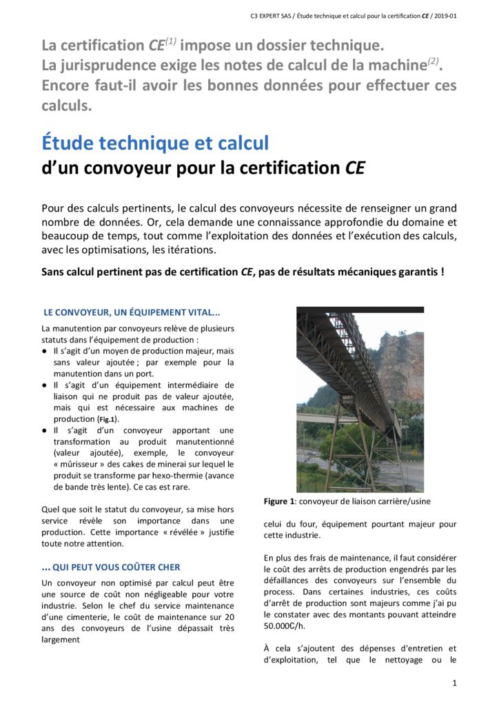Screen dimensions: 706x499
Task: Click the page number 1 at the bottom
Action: click(455, 683)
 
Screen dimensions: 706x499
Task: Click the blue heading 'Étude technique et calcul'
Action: click(155, 143)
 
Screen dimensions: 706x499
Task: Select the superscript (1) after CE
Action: click(170, 41)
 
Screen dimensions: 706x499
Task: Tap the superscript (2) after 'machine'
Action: click(433, 62)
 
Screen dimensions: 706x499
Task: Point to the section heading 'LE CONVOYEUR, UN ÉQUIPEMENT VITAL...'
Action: click(132, 312)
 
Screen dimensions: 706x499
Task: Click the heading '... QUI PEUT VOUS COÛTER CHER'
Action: click(111, 567)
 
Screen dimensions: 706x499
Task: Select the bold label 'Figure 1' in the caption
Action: click(280, 501)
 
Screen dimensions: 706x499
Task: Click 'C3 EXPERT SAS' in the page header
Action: click(274, 15)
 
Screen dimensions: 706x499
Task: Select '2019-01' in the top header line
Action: click(443, 15)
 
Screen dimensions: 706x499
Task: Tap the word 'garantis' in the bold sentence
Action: click(411, 272)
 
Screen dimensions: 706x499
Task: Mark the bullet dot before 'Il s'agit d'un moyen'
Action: click(45, 351)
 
